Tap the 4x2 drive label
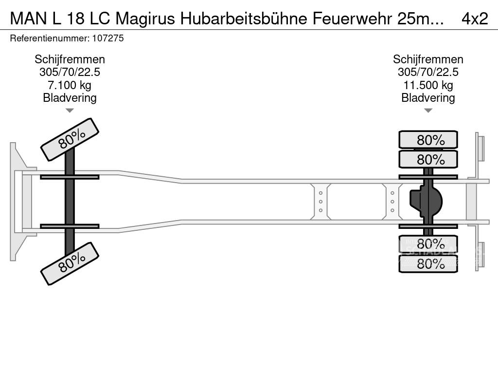[x=474, y=19]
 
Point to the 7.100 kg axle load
[x=70, y=85]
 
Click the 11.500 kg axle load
[x=428, y=85]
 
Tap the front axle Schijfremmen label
[x=70, y=59]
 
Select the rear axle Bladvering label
[x=428, y=98]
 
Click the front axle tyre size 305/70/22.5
[x=70, y=72]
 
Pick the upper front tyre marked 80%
[x=70, y=139]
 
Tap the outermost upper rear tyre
[x=428, y=140]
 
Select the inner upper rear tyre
[x=428, y=159]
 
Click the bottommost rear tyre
[x=428, y=264]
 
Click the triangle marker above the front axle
[x=70, y=111]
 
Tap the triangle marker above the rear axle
[x=428, y=111]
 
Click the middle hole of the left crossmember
[x=321, y=202]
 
